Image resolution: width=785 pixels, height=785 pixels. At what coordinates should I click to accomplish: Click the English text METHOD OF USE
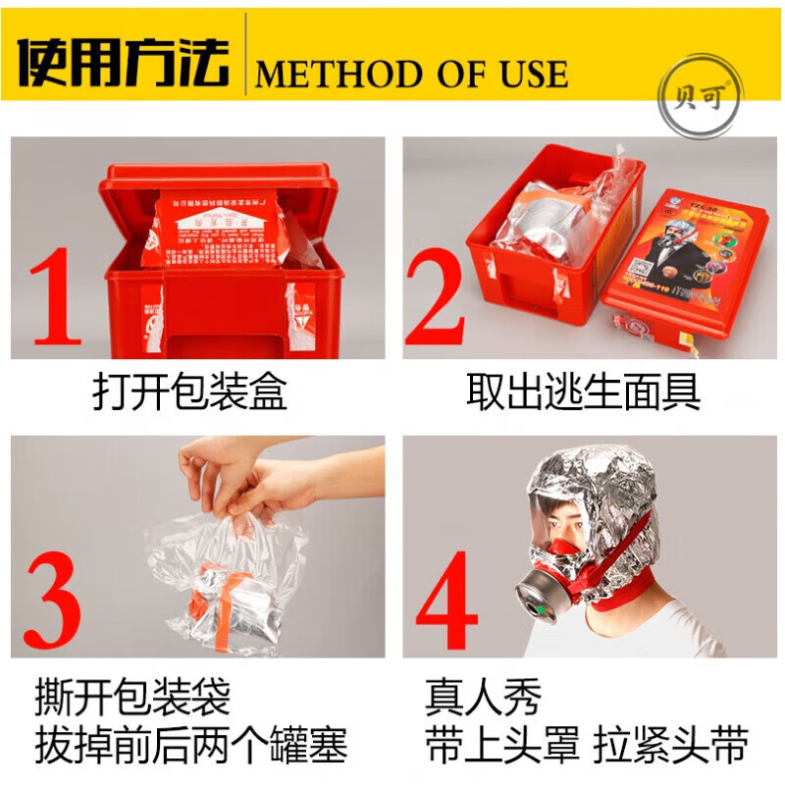(412, 74)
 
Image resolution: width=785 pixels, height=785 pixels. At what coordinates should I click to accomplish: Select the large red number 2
(435, 294)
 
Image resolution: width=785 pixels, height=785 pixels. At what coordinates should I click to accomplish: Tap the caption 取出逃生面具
(584, 392)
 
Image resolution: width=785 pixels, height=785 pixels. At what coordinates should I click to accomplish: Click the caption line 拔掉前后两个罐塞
(191, 748)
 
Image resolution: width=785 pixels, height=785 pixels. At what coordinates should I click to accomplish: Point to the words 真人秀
(483, 699)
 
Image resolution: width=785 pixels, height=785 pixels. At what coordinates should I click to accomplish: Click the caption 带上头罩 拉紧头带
(587, 748)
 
